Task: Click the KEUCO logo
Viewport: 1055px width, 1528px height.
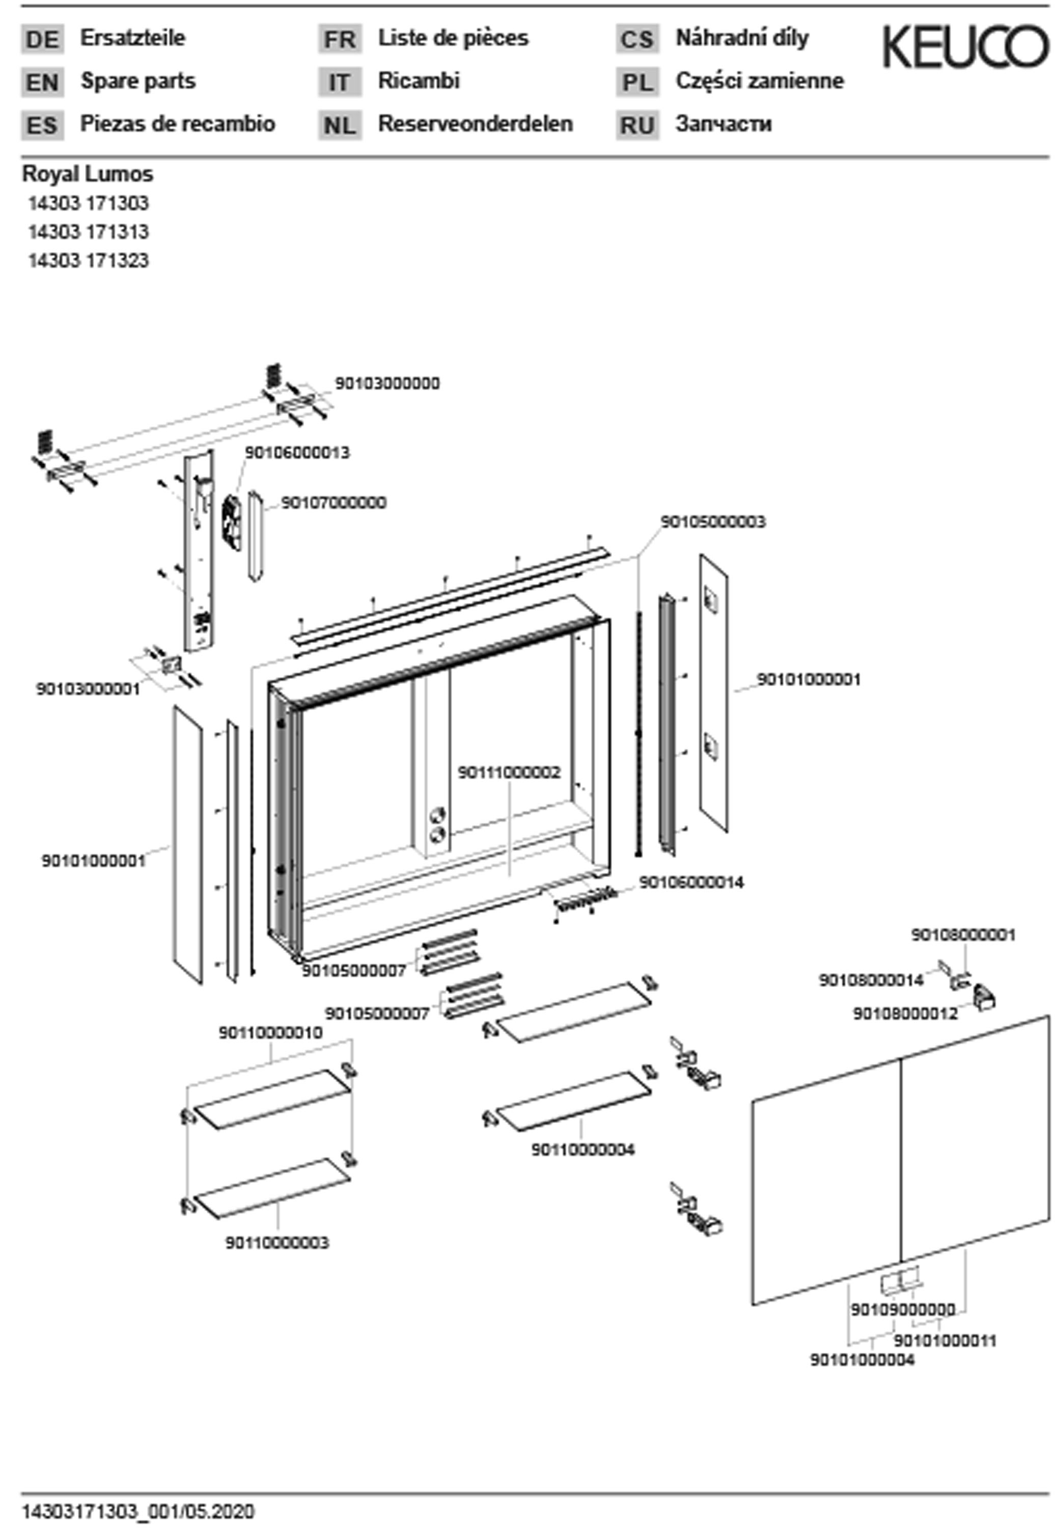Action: click(x=965, y=46)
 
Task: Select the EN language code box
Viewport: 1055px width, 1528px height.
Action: click(x=42, y=83)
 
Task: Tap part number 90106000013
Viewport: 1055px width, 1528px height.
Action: click(x=297, y=453)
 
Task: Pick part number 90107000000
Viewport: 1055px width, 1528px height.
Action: click(x=334, y=503)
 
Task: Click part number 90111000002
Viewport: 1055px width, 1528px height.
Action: click(x=509, y=772)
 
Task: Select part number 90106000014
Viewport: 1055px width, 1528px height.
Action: click(x=691, y=882)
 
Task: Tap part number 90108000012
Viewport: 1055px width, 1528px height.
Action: click(x=904, y=1014)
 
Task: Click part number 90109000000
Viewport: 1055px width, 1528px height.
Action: click(x=902, y=1309)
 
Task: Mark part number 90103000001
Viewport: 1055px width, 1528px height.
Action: click(x=88, y=689)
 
